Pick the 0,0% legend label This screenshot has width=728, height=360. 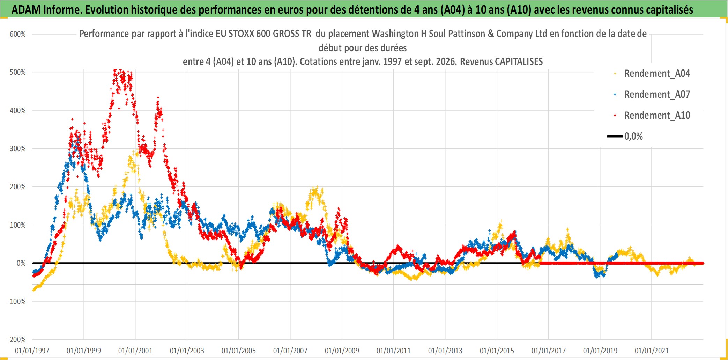(x=633, y=137)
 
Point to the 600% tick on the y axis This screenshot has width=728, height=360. (x=18, y=34)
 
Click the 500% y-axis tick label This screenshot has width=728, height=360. (x=18, y=72)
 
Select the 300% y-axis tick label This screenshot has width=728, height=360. (x=18, y=149)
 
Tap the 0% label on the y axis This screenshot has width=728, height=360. (x=21, y=263)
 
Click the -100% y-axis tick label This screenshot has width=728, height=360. (x=16, y=302)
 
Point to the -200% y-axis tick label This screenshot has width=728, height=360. (x=16, y=340)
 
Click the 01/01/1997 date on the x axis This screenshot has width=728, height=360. (x=32, y=351)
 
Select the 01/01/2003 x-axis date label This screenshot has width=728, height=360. (x=187, y=351)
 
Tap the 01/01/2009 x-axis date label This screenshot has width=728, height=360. (x=342, y=351)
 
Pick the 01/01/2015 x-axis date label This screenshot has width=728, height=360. (x=497, y=351)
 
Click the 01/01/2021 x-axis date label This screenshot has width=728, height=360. (x=652, y=351)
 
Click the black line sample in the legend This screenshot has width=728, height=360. (x=615, y=137)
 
